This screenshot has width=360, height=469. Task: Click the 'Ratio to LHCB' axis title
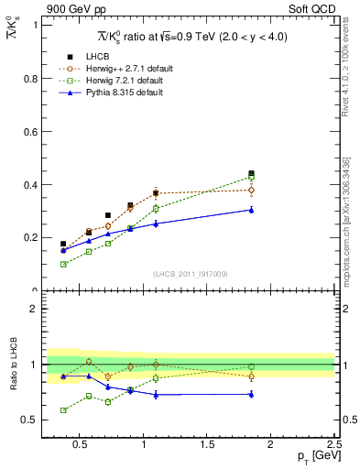coord(13,365)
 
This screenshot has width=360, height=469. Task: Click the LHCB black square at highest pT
coord(251,173)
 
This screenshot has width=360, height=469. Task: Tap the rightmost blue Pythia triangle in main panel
coord(251,210)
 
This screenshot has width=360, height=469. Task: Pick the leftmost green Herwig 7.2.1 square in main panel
coord(63,264)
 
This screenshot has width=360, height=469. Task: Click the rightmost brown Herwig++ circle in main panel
coord(251,190)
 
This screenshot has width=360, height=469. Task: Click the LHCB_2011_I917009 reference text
coord(190,275)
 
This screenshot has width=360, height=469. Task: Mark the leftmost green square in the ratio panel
coord(63,410)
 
